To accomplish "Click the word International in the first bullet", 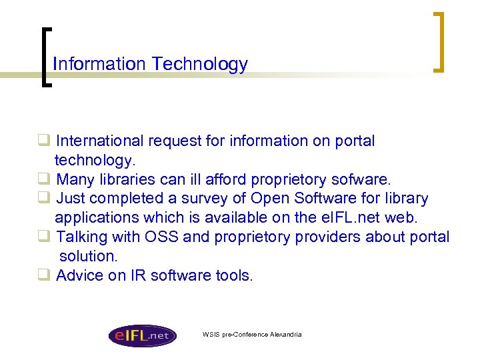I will point(100,141).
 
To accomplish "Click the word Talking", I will point(81,237).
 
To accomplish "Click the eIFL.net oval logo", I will point(142,334).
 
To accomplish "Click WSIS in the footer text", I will point(211,334).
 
